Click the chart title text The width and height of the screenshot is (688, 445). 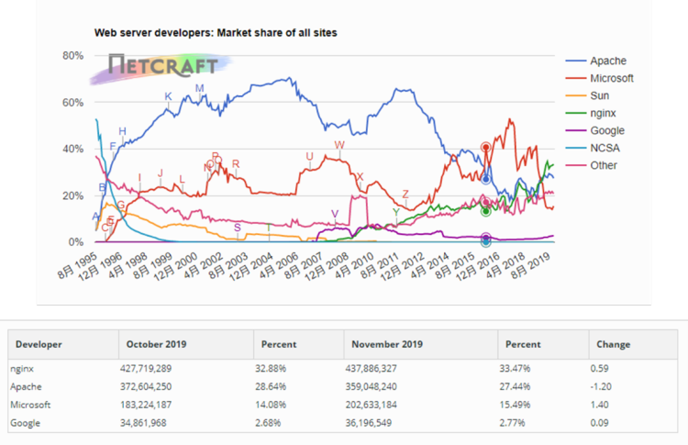(216, 33)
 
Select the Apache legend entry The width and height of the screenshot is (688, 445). (609, 60)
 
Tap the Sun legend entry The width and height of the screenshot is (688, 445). (601, 95)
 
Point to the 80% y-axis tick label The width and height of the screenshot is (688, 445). (72, 56)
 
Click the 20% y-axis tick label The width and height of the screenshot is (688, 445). (72, 195)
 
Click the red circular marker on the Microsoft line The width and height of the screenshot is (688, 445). (485, 147)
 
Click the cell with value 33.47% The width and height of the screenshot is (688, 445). (521, 370)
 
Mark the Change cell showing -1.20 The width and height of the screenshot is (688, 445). (606, 387)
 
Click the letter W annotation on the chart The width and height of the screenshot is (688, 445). (339, 145)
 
